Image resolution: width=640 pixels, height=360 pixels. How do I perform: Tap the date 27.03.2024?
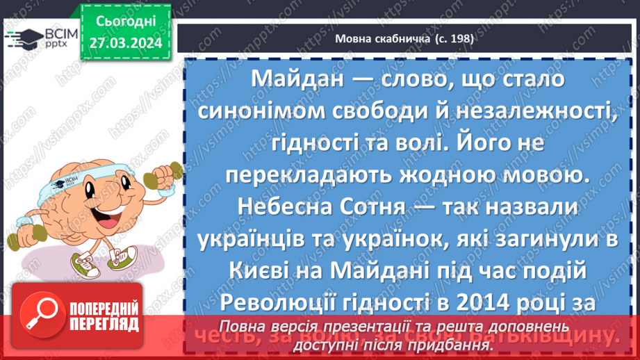click(x=126, y=43)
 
